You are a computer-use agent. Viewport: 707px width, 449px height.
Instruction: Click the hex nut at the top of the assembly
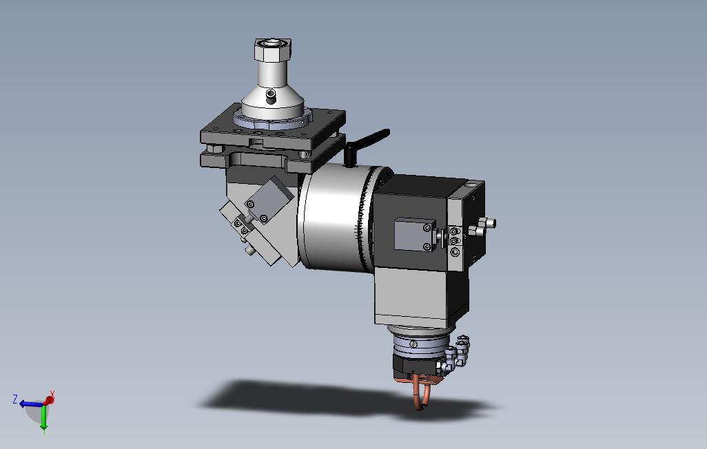(x=274, y=49)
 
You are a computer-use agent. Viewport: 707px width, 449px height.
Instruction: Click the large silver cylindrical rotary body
(x=335, y=218)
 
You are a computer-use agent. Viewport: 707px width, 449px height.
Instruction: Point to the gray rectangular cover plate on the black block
(x=415, y=234)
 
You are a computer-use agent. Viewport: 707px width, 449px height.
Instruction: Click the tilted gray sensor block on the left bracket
(x=269, y=199)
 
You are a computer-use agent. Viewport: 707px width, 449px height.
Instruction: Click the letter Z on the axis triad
(x=15, y=399)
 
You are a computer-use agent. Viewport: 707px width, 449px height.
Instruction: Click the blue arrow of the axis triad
(x=32, y=404)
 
